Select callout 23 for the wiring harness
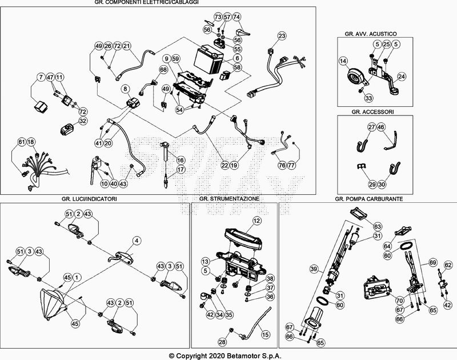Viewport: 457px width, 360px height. [282, 36]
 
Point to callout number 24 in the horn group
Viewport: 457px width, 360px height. [401, 76]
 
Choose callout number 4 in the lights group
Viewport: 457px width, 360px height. [137, 240]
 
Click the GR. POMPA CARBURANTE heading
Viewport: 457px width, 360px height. [369, 198]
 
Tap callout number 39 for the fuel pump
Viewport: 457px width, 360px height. [313, 269]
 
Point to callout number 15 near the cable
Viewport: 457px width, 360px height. [264, 334]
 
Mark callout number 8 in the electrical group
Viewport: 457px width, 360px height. [126, 89]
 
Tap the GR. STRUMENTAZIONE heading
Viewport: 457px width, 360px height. [230, 198]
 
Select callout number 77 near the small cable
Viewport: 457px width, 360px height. [291, 165]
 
